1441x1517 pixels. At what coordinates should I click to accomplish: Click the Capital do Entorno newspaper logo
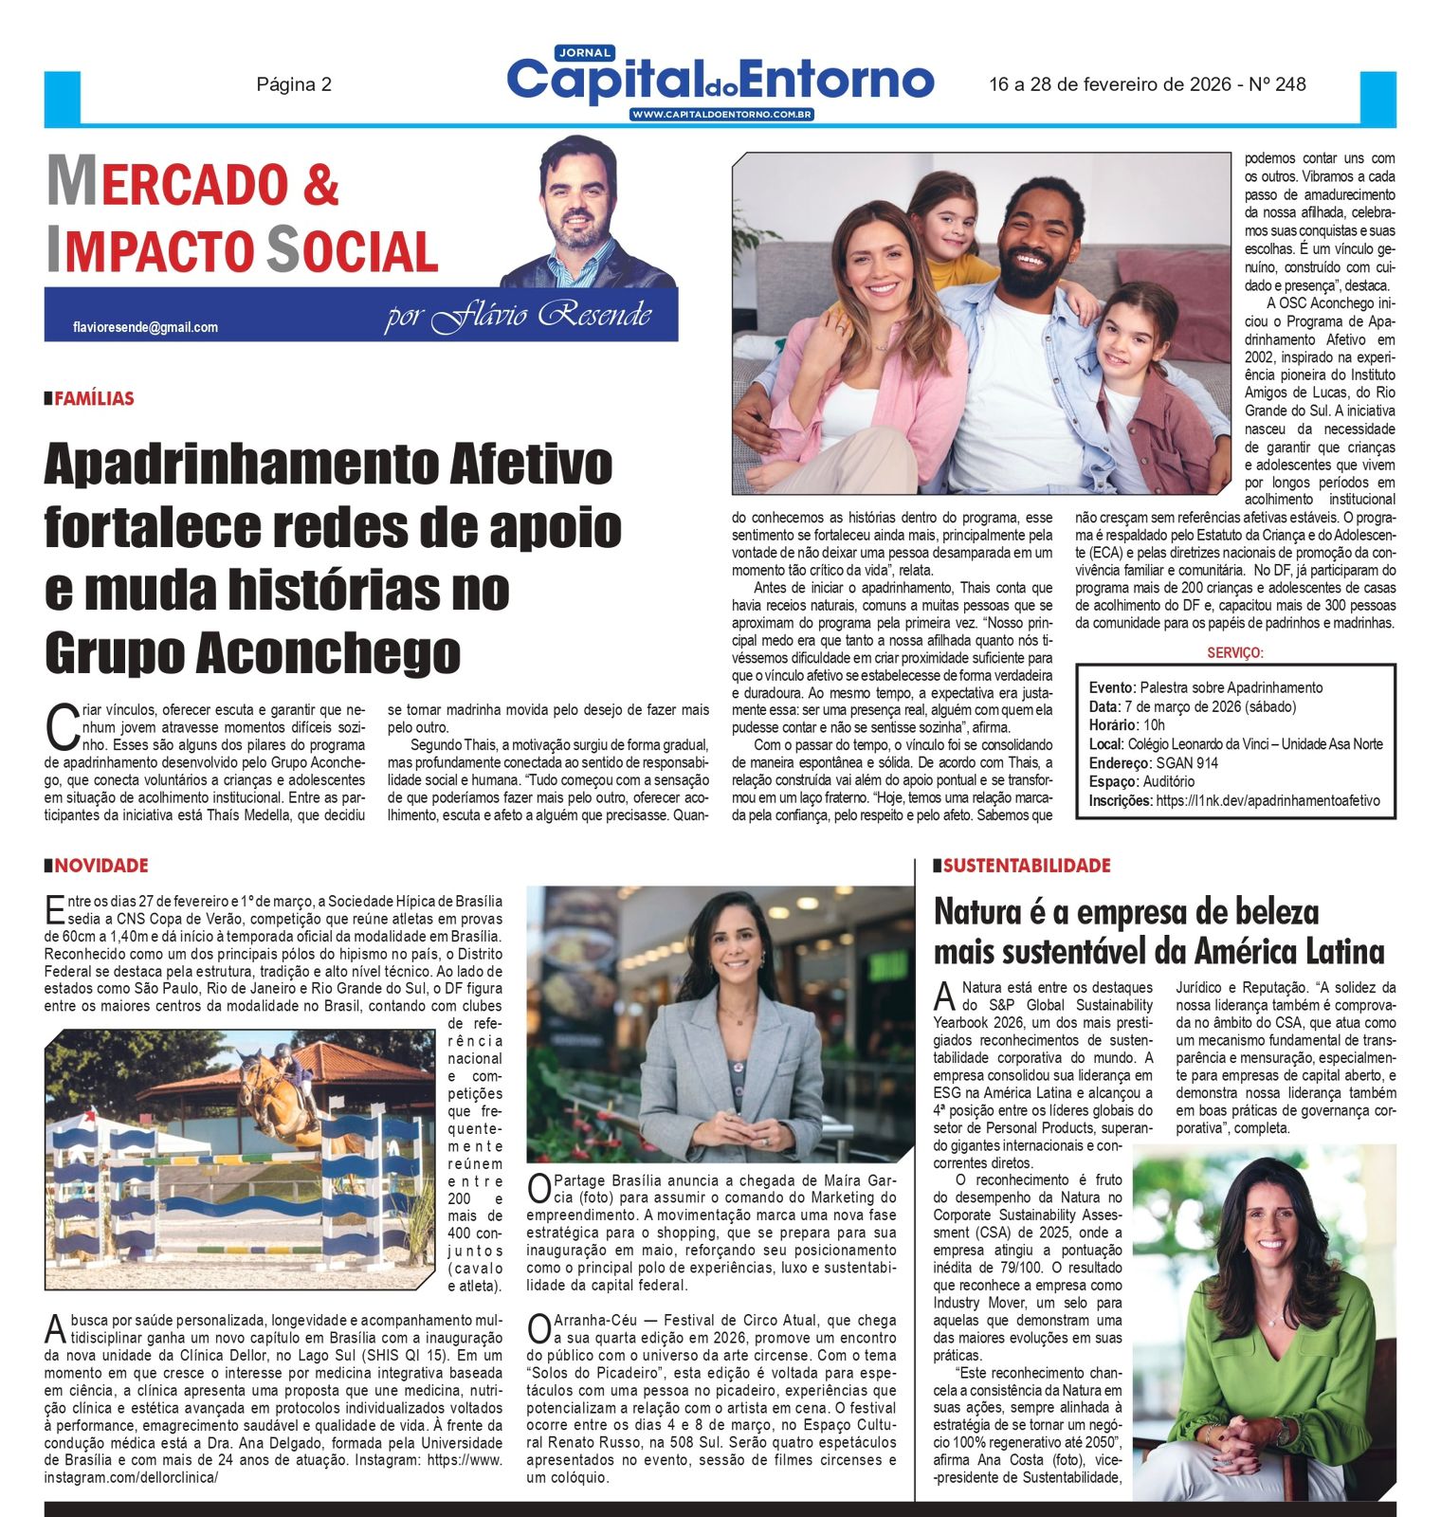720,80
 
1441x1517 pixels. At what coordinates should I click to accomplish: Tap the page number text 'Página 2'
294,84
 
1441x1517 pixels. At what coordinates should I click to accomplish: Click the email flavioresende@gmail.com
145,327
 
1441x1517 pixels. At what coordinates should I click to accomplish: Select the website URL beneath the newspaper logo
721,115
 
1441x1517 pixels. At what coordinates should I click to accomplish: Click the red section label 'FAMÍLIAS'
94,398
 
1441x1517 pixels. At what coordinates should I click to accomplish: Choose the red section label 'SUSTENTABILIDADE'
1027,866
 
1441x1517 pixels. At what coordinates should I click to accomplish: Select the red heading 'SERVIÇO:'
1235,653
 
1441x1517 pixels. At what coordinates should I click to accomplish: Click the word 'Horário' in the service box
1113,725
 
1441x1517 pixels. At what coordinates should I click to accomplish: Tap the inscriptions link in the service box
1268,800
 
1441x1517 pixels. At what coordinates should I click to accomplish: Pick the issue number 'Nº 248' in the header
1277,84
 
